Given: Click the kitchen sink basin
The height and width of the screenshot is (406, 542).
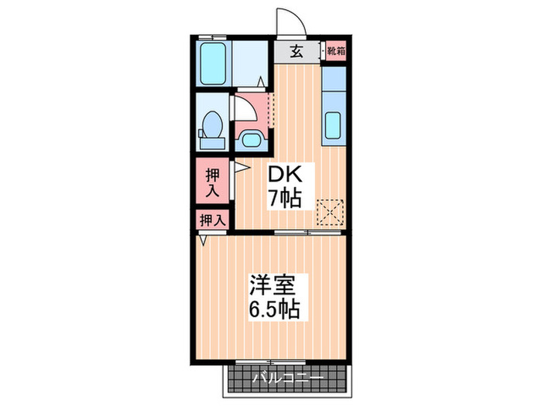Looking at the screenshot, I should (333, 123).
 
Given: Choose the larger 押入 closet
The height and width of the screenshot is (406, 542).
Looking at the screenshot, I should (211, 182).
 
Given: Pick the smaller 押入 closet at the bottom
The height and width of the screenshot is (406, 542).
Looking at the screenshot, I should (211, 220).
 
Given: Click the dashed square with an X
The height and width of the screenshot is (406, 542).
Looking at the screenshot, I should (331, 210).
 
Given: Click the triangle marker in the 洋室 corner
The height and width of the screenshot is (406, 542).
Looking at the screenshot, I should (203, 241).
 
